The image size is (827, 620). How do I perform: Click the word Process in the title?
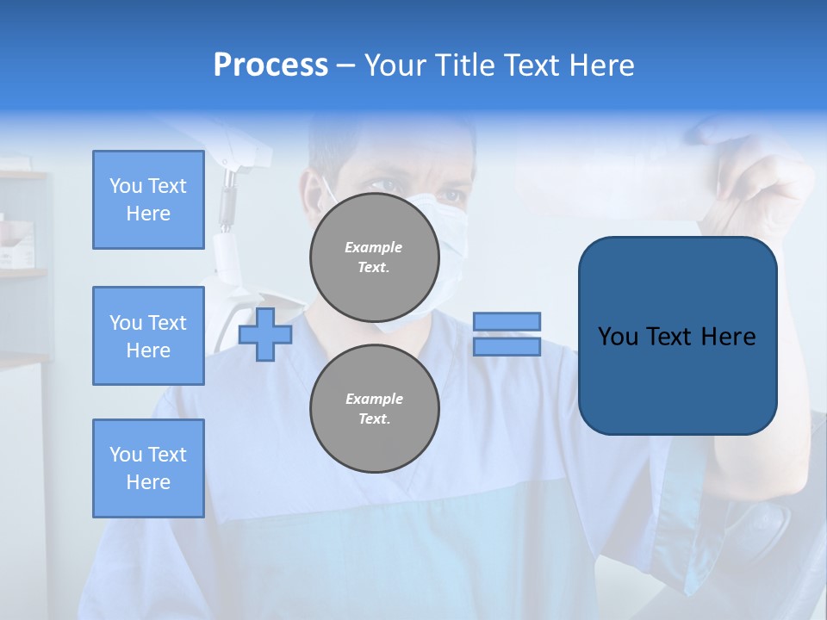click(x=270, y=65)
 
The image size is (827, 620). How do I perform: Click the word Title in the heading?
click(x=465, y=65)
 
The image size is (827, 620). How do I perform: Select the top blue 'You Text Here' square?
click(x=148, y=200)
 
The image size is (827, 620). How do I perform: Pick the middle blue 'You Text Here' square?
click(x=148, y=336)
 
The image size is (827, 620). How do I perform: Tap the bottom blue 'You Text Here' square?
click(x=148, y=468)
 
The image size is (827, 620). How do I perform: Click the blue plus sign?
click(x=265, y=334)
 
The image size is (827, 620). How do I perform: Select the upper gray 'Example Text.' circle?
click(x=375, y=257)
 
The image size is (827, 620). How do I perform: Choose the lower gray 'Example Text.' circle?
click(x=375, y=409)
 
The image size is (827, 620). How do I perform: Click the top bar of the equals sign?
click(x=507, y=321)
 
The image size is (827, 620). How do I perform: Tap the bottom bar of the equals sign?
click(x=507, y=347)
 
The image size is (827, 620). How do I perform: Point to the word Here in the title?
click(x=600, y=65)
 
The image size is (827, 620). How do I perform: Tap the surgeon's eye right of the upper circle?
click(x=451, y=195)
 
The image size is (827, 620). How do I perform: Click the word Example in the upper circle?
click(x=374, y=247)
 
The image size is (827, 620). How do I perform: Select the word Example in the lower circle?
click(x=374, y=399)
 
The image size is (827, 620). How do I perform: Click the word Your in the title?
click(x=395, y=65)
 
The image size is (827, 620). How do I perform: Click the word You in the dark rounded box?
click(x=618, y=337)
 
